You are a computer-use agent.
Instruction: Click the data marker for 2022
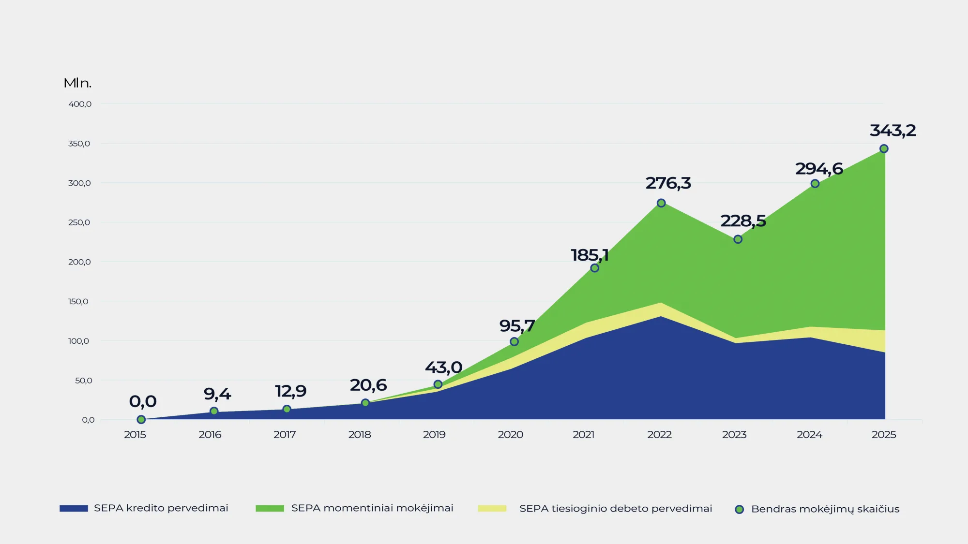(x=661, y=203)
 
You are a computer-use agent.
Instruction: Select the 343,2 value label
(x=892, y=131)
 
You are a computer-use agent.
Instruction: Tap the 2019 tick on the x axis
(x=434, y=435)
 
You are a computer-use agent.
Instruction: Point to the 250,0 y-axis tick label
(x=79, y=222)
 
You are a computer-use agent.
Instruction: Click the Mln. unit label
(x=77, y=83)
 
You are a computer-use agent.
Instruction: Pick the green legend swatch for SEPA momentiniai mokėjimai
(x=270, y=508)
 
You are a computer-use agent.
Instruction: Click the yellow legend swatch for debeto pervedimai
(x=492, y=508)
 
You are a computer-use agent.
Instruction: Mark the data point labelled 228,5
(x=738, y=239)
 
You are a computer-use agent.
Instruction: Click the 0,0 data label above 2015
(x=143, y=401)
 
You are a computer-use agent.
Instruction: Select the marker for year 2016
(x=214, y=411)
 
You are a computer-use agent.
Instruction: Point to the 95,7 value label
(x=517, y=326)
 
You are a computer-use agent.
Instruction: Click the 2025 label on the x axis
(x=884, y=435)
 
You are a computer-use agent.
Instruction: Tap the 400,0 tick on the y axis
(x=80, y=104)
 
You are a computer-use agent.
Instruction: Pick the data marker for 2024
(x=815, y=184)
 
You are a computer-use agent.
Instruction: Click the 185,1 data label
(x=590, y=255)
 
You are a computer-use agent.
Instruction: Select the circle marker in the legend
(x=739, y=509)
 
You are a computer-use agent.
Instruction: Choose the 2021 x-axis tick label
(x=583, y=435)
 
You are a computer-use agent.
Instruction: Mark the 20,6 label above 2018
(x=368, y=385)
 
